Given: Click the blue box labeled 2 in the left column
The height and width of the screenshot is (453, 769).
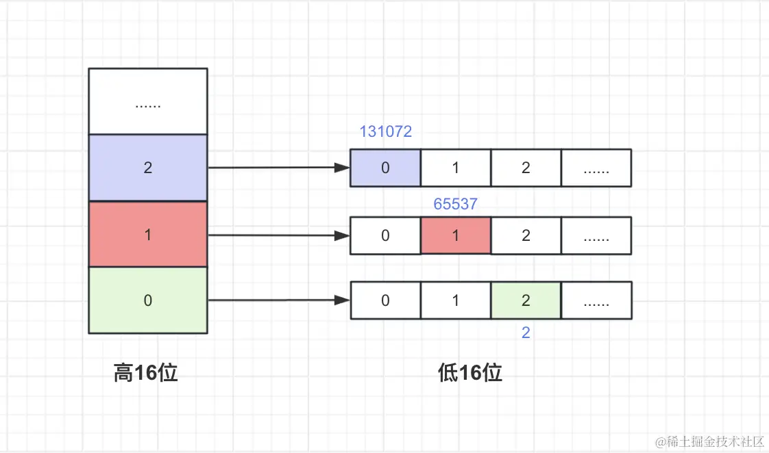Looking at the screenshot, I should (x=148, y=168).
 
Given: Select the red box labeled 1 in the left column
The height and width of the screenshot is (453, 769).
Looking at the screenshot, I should (x=148, y=234).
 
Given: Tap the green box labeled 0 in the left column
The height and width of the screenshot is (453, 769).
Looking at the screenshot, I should (x=148, y=300).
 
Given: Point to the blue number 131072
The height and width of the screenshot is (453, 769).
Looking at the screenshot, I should (x=386, y=131).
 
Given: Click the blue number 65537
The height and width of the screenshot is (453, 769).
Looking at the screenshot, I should (x=456, y=203).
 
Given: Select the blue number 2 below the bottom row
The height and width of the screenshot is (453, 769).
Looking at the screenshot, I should (x=526, y=333).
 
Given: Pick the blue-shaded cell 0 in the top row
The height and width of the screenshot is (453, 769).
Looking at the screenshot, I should (x=385, y=168).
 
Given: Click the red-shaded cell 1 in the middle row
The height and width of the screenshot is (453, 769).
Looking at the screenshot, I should (x=456, y=235).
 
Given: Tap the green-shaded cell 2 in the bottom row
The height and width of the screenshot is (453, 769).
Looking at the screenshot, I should (x=526, y=300).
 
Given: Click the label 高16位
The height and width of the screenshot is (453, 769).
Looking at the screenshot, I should (x=146, y=372).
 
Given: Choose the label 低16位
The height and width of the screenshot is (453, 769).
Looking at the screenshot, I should (x=470, y=372).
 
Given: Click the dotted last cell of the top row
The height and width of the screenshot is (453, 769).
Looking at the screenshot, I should (x=596, y=168).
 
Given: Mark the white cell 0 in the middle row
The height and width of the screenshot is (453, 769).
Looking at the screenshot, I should (x=385, y=235).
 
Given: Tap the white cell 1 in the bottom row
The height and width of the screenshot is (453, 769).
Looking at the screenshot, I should (x=456, y=300).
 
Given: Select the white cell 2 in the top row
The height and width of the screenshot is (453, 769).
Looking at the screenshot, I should (x=526, y=168).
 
